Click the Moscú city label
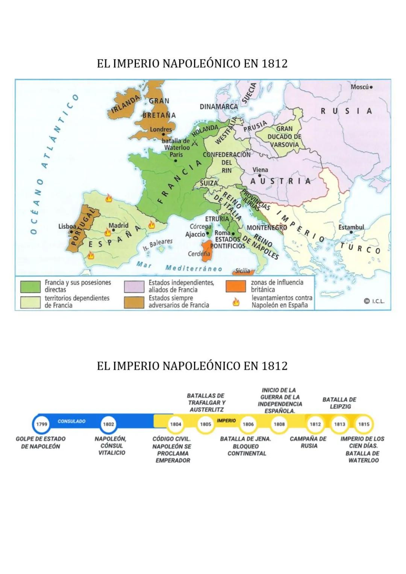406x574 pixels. (359, 87)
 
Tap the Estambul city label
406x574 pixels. (351, 227)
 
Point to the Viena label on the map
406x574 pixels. (260, 170)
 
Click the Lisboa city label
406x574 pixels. (67, 227)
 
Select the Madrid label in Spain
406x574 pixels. (118, 225)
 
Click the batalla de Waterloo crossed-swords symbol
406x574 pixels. (195, 143)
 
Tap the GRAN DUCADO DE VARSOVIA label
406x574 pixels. (284, 137)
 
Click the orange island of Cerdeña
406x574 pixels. (206, 249)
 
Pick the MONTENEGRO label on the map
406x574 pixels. (267, 228)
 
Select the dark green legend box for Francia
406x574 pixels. (30, 286)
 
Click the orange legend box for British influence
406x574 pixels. (236, 286)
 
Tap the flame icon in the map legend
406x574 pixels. (236, 302)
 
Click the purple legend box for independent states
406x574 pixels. (134, 286)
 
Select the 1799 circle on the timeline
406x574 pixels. (41, 424)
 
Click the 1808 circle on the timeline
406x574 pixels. (279, 424)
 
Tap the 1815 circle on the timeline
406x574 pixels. (364, 424)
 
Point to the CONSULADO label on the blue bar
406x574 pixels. (71, 421)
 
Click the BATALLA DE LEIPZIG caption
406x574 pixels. (339, 403)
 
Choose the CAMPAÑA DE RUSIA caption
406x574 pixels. (308, 442)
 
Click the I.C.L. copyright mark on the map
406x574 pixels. (374, 301)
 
